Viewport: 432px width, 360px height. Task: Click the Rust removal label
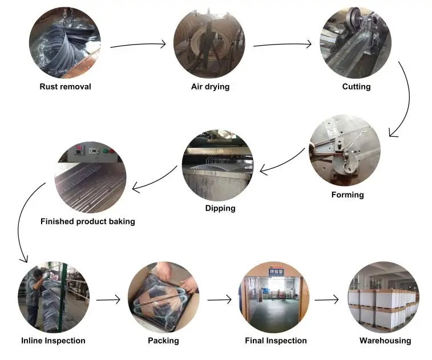click(x=65, y=87)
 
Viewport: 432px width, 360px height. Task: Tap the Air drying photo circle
click(x=209, y=43)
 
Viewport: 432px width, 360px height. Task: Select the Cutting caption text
click(x=356, y=87)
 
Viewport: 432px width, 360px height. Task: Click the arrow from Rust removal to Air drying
click(x=138, y=44)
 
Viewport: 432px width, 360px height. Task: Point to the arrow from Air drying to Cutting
click(x=282, y=44)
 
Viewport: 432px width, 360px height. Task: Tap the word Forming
click(x=348, y=195)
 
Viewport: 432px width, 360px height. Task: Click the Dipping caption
click(x=220, y=208)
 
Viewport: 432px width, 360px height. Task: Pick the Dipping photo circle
click(x=217, y=165)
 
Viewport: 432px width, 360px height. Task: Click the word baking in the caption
click(x=122, y=221)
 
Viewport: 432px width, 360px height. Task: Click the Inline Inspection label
click(x=53, y=341)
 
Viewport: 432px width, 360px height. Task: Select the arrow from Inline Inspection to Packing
click(x=108, y=298)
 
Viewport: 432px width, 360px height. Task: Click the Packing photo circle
click(x=163, y=297)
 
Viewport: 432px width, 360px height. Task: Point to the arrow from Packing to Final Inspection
click(x=219, y=298)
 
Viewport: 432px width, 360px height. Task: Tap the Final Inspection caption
click(x=276, y=341)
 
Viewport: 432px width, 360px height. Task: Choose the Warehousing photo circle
click(x=384, y=297)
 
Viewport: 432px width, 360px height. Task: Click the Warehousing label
click(x=385, y=341)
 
